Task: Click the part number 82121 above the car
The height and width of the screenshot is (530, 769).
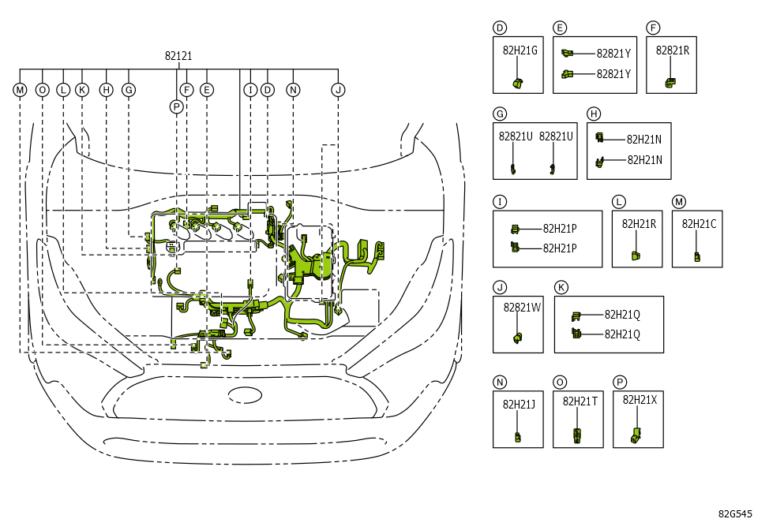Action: (178, 56)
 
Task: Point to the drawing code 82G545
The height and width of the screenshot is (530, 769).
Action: (735, 514)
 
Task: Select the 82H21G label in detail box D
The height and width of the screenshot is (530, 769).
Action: (520, 50)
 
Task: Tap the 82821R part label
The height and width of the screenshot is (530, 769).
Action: (673, 50)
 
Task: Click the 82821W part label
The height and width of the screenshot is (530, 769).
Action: (522, 308)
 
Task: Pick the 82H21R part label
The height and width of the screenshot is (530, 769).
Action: (639, 224)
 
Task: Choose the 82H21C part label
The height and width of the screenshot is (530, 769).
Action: (699, 224)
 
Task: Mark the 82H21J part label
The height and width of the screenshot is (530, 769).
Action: (519, 405)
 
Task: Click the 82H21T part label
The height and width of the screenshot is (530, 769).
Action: (580, 401)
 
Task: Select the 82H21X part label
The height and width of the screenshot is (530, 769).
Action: (640, 400)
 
